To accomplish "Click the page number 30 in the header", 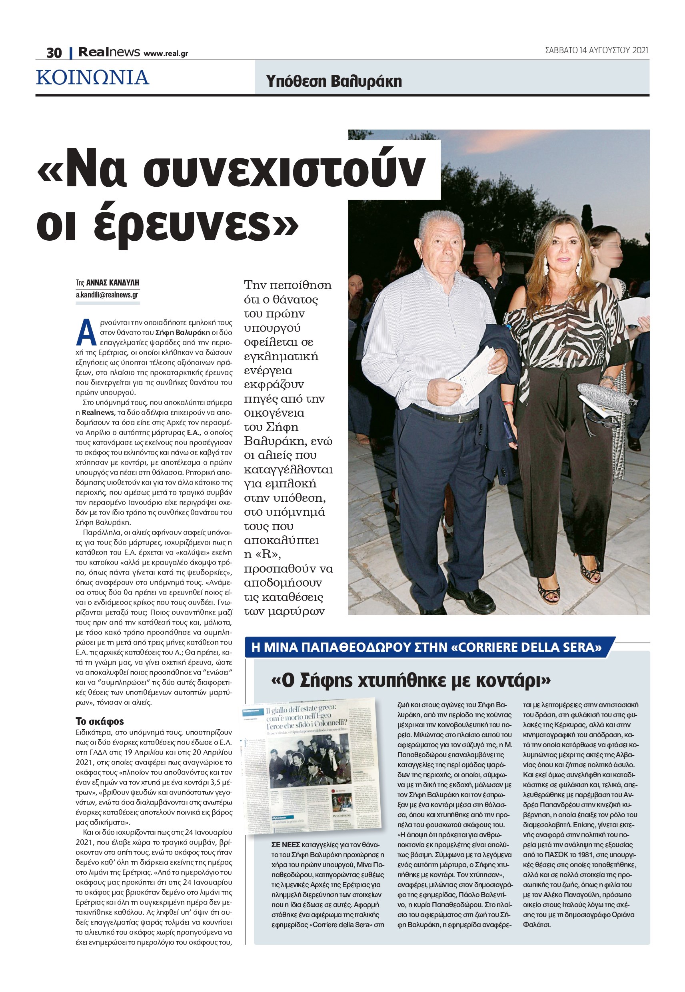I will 54,53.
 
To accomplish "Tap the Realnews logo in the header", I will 109,52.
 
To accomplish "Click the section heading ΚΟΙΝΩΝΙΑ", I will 93,78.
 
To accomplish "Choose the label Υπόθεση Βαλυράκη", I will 334,81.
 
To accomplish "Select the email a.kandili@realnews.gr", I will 107,295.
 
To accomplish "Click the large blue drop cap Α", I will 86,333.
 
